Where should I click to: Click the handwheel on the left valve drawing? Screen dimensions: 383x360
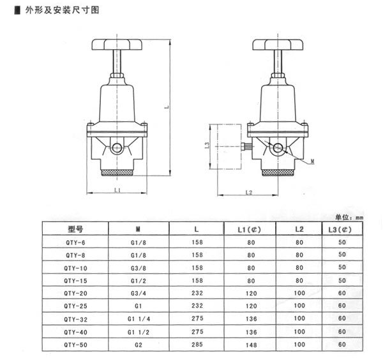(117, 45)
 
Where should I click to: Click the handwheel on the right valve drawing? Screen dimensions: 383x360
(278, 45)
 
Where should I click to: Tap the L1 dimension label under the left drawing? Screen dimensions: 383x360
(117, 190)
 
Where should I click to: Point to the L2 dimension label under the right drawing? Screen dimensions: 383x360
(249, 193)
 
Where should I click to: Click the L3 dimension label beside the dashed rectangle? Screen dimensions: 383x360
(207, 146)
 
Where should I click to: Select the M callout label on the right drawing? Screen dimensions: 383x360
(312, 161)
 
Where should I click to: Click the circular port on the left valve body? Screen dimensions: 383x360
(117, 147)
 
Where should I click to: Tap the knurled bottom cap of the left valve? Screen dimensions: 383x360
(117, 172)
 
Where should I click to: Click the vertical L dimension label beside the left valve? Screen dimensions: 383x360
(167, 107)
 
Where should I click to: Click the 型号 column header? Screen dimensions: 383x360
(75, 229)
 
